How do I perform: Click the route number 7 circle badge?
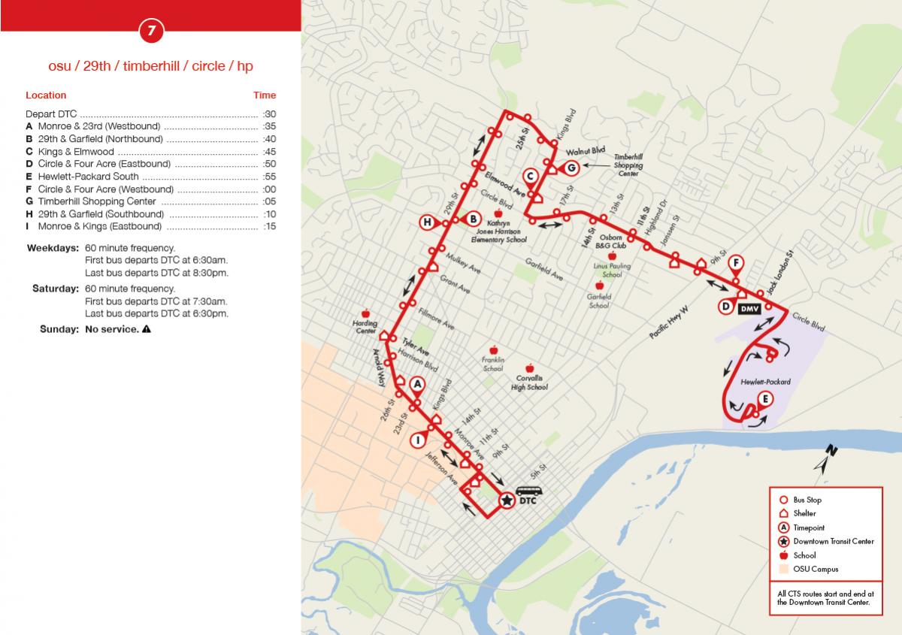(151, 31)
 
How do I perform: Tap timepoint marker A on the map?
(419, 383)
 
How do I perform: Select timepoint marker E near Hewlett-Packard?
(764, 399)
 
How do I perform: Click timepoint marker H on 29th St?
(427, 222)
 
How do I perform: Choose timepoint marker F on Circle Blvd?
(737, 263)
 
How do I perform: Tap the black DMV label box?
(749, 308)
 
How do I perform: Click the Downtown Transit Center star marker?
(507, 500)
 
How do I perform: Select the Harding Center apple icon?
(366, 313)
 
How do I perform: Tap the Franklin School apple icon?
(494, 350)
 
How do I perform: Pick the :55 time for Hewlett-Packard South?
(269, 177)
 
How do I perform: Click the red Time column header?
(265, 95)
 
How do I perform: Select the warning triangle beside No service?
(147, 329)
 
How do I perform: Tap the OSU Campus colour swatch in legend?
(783, 569)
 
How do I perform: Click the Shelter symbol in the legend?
(783, 514)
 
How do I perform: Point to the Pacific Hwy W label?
(669, 323)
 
